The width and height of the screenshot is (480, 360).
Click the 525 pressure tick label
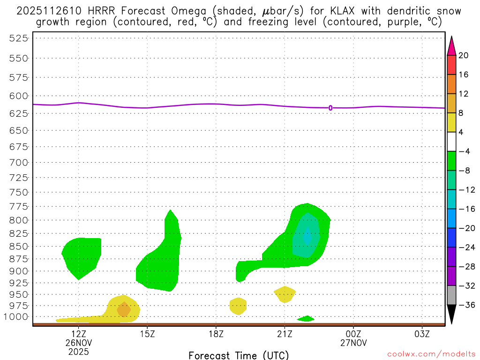tap(18, 38)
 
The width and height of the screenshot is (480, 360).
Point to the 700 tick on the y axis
tap(18, 163)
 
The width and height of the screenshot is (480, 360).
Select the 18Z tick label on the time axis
tap(216, 334)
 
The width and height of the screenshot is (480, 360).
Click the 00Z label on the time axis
tap(353, 334)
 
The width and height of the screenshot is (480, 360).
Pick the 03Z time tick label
tap(422, 334)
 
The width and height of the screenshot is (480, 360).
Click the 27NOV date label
tap(353, 343)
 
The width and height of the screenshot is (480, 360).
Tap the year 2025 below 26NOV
tap(78, 351)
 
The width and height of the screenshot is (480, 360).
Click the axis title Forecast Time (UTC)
tap(239, 355)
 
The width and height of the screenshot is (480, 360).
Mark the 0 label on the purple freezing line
tap(330, 108)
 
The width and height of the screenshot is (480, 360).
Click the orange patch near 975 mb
tap(123, 309)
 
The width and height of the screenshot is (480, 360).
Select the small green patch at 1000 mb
tap(306, 319)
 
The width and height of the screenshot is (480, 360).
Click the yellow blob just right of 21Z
tap(285, 294)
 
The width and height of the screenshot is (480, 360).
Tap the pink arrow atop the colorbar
tap(451, 45)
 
